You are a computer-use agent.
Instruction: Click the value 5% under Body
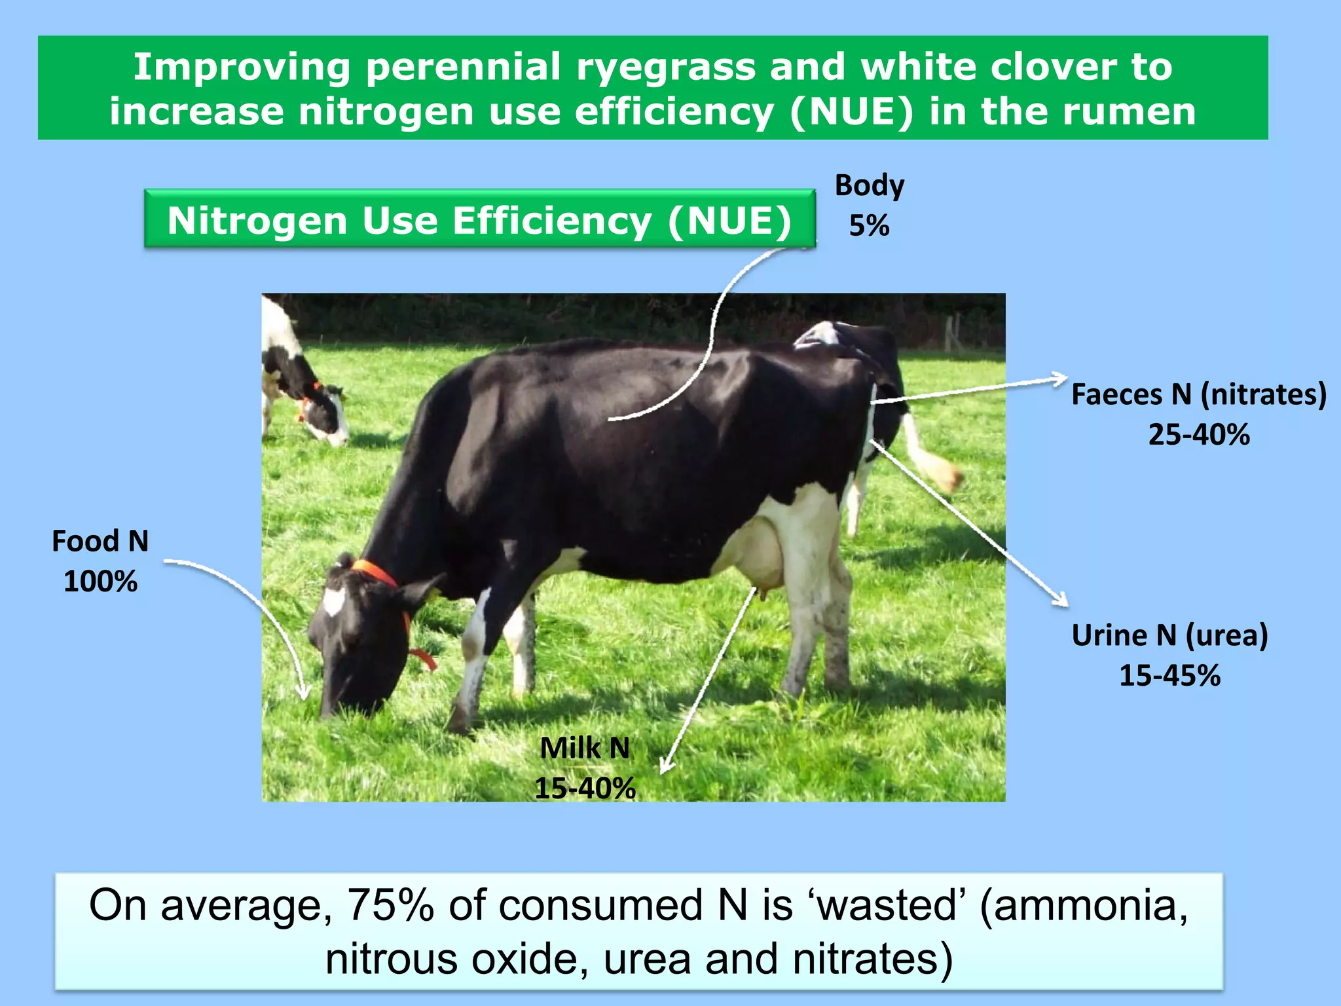pos(869,227)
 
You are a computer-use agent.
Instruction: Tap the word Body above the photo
pos(869,186)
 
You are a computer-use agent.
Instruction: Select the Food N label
pos(100,542)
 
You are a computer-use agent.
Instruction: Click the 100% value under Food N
pos(100,582)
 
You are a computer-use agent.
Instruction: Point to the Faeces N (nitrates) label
pos(1198,395)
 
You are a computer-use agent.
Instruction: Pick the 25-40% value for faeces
pos(1198,435)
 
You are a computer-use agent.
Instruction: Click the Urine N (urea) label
pos(1169,635)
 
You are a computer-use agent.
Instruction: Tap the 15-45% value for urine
pos(1169,676)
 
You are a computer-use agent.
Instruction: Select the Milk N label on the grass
pos(585,748)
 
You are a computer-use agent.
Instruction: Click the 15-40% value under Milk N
pos(585,788)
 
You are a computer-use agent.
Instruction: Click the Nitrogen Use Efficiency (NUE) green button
pos(479,220)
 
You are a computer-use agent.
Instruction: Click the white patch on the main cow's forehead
pos(335,601)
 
